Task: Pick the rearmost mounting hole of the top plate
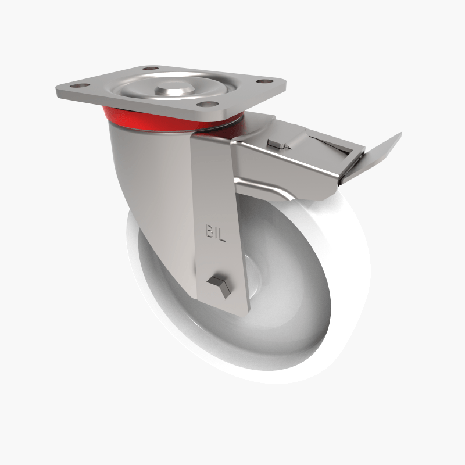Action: (151, 69)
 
